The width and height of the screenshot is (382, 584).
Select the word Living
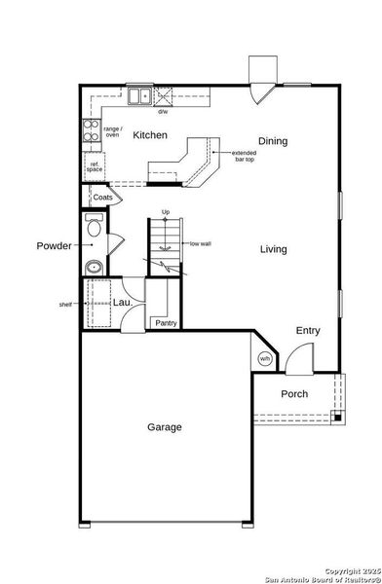[x=273, y=249]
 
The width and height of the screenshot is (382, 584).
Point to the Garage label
[x=165, y=426]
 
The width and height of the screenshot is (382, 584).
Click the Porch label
[x=294, y=394]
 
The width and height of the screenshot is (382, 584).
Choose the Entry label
[x=308, y=331]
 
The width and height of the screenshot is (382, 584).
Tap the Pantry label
[x=163, y=324]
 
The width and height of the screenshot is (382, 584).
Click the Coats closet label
[x=102, y=198]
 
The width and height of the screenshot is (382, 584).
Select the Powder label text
[x=55, y=245]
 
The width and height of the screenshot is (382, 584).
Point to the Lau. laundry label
[x=122, y=303]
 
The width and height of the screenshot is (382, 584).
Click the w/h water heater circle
[x=264, y=359]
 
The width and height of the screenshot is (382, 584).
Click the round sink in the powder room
[x=94, y=267]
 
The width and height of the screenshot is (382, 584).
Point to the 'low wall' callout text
[x=201, y=244]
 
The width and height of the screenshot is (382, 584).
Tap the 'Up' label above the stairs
[x=166, y=212]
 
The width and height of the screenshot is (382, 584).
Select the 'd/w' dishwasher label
[x=164, y=111]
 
